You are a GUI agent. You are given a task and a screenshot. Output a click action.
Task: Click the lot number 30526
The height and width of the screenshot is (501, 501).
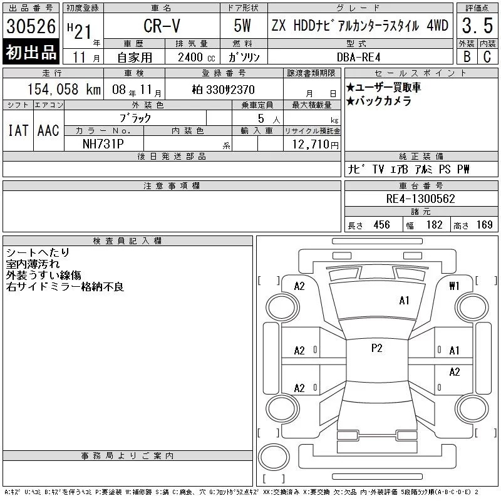pos(31,26)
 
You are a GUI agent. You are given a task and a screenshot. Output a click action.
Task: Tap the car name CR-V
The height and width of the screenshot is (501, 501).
pos(162,26)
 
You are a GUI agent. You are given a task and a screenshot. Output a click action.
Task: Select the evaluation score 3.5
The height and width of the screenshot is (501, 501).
pos(477,26)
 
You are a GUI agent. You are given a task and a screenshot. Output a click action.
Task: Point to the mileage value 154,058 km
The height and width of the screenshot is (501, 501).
pos(64,89)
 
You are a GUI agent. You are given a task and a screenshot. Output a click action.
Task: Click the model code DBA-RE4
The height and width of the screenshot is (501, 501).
pos(358,58)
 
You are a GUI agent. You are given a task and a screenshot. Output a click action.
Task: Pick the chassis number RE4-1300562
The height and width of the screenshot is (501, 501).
pos(420,199)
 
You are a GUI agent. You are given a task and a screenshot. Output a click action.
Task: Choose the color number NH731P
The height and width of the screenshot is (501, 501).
pos(103,144)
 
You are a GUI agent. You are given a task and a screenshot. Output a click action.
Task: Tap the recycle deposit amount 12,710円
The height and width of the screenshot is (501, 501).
pos(315,144)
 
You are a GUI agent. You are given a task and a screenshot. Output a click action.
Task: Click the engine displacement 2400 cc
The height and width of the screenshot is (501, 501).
pos(196,58)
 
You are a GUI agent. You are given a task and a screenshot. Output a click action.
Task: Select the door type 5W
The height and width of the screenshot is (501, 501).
pos(242,26)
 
